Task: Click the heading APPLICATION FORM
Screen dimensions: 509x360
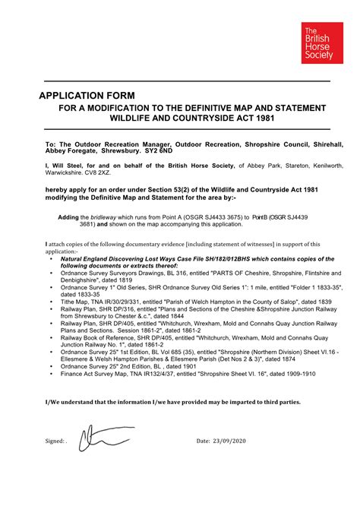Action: tap(87, 96)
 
